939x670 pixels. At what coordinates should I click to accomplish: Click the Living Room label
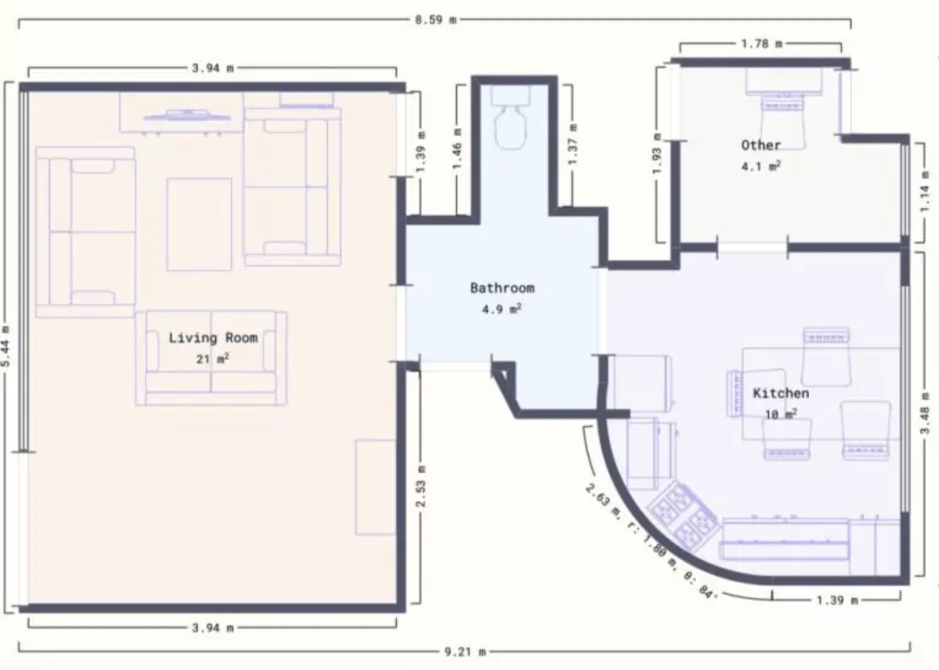213,338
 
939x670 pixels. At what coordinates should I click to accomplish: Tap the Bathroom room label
502,288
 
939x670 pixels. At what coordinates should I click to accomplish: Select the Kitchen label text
781,393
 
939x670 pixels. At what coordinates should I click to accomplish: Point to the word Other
761,145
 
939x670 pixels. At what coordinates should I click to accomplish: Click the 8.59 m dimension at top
436,20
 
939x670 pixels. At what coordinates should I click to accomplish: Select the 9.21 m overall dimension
465,652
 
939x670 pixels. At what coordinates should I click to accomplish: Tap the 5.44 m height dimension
6,346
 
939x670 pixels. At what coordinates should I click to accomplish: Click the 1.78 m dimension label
761,44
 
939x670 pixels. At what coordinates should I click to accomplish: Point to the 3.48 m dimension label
925,414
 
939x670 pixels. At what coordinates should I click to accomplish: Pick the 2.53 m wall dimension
421,486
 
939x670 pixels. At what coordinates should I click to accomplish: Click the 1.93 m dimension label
658,154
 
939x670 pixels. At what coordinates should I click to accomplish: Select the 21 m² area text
213,359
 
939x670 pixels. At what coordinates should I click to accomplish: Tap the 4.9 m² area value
502,309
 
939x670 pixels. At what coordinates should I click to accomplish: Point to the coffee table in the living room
199,224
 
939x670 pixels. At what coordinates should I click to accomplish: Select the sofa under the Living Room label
211,358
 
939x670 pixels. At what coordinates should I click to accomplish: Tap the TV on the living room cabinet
187,116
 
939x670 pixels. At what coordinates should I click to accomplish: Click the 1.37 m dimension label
573,144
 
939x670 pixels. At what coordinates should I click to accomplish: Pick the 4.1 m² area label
761,166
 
